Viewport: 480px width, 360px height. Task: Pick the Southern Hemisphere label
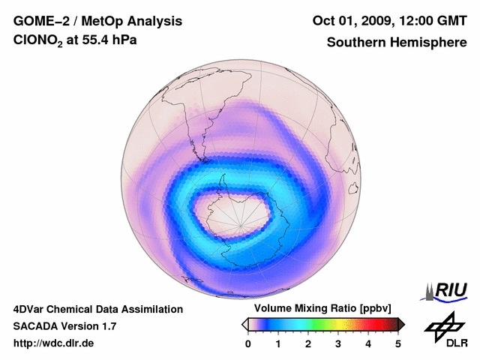coord(395,42)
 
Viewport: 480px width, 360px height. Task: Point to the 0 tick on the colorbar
coord(248,343)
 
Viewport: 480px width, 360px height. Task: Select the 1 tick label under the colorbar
coord(278,343)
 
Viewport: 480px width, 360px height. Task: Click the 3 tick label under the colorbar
coord(338,343)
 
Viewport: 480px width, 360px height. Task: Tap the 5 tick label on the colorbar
coord(398,343)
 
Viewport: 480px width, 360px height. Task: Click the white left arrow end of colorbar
coord(244,324)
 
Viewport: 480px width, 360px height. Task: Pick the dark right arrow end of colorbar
coord(401,324)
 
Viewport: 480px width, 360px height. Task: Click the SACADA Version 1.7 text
coord(64,326)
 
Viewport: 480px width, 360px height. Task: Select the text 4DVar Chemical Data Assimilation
coord(97,309)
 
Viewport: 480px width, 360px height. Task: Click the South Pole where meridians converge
coord(240,220)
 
